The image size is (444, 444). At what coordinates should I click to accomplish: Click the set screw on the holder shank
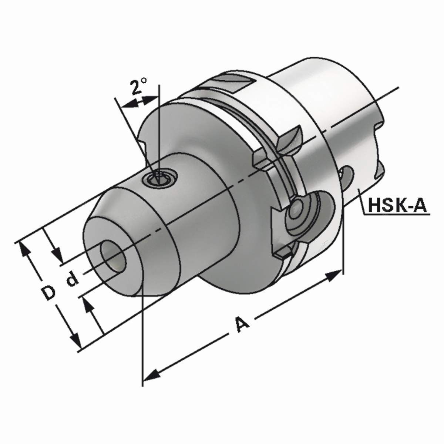pos(160,178)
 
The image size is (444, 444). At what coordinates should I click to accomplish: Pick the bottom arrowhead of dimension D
pos(76,340)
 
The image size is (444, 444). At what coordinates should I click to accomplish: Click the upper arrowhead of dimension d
pos(57,255)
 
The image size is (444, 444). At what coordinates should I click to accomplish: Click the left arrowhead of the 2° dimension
pos(128,105)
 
